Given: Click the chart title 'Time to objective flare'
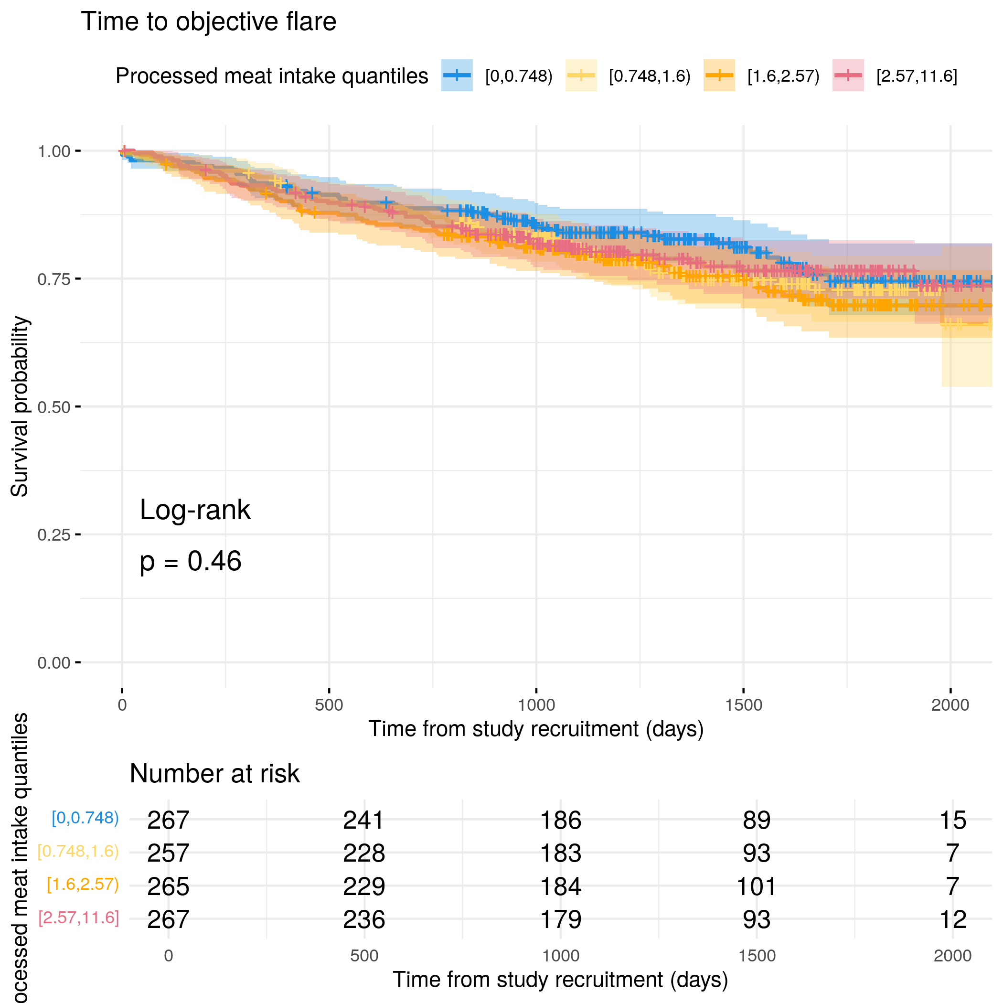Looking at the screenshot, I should coord(208,22).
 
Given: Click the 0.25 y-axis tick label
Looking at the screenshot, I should coord(53,535).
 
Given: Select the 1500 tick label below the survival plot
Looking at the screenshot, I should coord(744,705).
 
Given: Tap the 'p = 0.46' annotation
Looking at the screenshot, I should coord(191,561).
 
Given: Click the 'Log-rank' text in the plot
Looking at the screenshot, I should coord(195,510).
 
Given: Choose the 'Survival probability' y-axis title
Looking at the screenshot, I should coord(20,406).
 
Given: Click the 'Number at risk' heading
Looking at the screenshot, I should coord(214,774).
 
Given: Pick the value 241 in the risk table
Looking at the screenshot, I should coord(363,820).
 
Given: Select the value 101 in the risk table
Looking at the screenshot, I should coord(756,886).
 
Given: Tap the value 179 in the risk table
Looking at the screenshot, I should coord(560,919).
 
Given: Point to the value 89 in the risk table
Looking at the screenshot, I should coord(756,820).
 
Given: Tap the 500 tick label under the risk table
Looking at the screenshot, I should coord(364,956).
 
